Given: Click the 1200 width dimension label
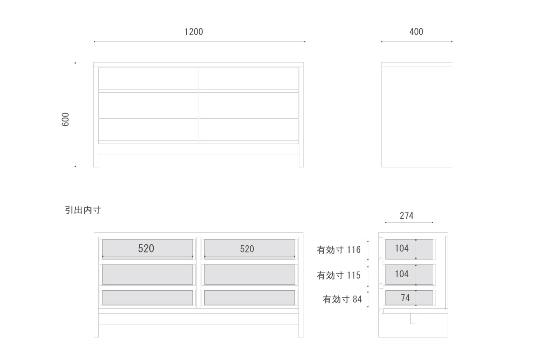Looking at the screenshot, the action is coord(194,32).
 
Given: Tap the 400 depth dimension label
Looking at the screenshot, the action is coord(417,32).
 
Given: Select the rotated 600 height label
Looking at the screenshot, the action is coord(65,119).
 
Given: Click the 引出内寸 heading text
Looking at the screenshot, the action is coord(83,210).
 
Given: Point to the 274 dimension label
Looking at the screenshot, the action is coord(407,216).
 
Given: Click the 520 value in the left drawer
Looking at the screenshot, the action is coord(146,248).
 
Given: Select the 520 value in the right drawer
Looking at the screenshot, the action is coord(247,249).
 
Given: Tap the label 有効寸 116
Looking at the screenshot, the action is coord(339,250).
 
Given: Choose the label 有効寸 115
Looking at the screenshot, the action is coord(339,275).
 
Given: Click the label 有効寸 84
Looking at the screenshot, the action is coord(343,300).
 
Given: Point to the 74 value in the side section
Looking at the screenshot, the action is coord(405,298).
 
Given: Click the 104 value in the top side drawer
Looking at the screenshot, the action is coord(402,248).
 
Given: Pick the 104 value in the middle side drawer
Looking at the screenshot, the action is coord(402,274).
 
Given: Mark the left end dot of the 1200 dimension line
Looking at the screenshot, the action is coord(94,42).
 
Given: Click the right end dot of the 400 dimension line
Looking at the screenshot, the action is coord(452,42).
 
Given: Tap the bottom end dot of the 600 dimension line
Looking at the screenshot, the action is coord(75,166).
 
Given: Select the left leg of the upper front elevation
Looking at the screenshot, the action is coord(96,117).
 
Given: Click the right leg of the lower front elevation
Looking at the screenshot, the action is coord(301,287).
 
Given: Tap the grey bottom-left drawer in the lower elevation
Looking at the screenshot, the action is coord(147,298).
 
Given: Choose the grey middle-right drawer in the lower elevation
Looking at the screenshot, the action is coord(250,274).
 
